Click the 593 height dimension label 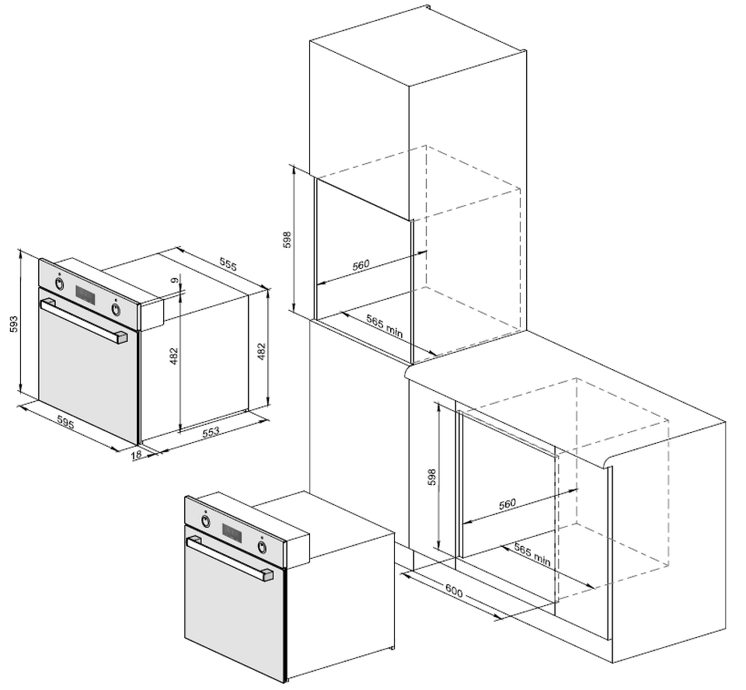click(14, 324)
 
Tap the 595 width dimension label click(65, 422)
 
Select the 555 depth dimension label click(228, 264)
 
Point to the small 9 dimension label click(176, 281)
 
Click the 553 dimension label click(211, 431)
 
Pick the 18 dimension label click(136, 454)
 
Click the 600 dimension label click(454, 592)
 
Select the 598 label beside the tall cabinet click(287, 240)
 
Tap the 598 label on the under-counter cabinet click(431, 477)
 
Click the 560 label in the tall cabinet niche click(361, 264)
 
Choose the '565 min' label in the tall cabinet click(385, 326)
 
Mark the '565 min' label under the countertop click(532, 555)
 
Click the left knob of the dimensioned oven click(59, 284)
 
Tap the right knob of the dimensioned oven click(116, 308)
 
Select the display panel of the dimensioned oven click(85, 295)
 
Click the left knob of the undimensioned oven click(205, 521)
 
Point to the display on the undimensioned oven click(232, 533)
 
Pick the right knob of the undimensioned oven click(262, 547)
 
